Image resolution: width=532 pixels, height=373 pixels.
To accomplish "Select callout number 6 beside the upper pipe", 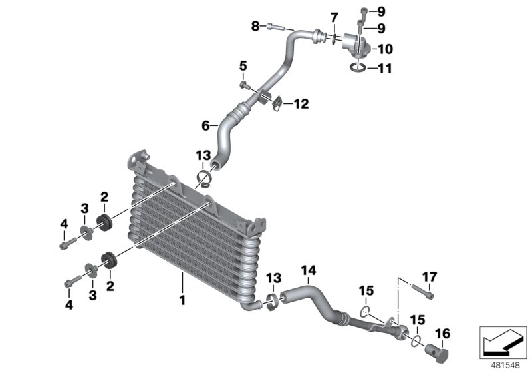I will click(206, 125).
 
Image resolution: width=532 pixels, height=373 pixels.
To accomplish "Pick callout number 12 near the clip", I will click(301, 104).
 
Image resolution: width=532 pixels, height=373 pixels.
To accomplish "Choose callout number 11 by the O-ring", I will click(386, 68).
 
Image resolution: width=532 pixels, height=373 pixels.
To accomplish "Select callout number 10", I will click(386, 49).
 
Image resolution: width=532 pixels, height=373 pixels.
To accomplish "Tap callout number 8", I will click(255, 27).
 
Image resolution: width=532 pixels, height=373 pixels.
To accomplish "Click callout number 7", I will click(334, 16).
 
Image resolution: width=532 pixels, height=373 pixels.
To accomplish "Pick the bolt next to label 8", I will click(275, 27).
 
